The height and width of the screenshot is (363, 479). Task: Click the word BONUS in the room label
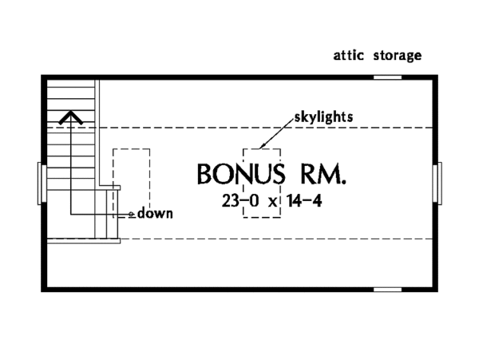coord(242,174)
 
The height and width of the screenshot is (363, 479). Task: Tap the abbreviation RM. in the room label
coord(324,174)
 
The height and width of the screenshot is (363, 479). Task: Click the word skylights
coord(323,116)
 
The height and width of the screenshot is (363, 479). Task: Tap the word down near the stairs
coord(155,214)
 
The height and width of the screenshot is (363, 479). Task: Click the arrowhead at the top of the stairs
coord(71,119)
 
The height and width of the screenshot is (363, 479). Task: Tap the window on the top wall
coord(388,77)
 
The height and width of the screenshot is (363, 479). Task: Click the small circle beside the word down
coord(132,215)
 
